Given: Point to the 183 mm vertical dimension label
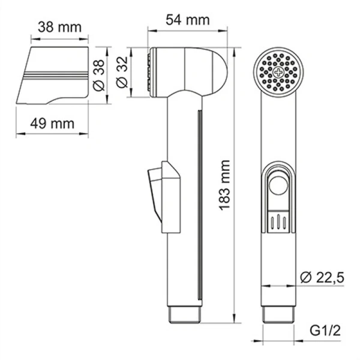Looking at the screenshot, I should coord(224,184).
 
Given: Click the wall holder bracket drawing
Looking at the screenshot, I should coord(51,75).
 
